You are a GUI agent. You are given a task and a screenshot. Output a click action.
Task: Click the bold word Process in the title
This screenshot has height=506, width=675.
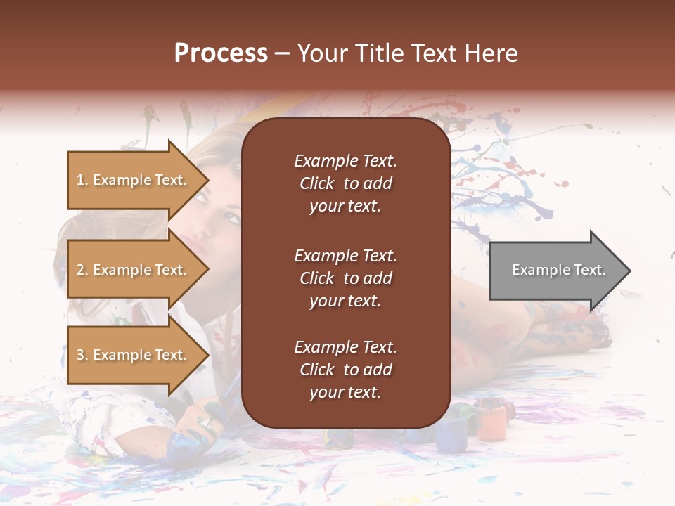tap(221, 53)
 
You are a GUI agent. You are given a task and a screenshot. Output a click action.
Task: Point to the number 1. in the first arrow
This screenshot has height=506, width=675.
tap(82, 180)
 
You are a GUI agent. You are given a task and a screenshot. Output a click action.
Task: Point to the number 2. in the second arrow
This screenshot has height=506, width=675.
tap(82, 270)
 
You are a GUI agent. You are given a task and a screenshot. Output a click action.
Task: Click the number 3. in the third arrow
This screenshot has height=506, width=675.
tap(82, 355)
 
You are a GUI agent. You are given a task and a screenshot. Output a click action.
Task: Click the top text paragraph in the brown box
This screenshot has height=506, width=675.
tap(345, 183)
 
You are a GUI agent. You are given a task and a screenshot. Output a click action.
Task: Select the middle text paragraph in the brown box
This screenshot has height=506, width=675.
tap(345, 278)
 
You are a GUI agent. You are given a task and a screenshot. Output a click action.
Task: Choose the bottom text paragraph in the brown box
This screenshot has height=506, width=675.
tap(345, 370)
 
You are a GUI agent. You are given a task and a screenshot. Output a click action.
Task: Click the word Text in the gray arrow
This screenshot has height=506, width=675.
tap(589, 270)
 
